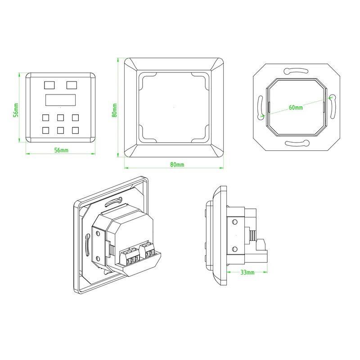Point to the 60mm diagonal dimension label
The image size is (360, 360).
click(295, 108)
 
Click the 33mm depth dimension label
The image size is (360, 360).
click(247, 273)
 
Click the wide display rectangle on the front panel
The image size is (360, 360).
click(60, 100)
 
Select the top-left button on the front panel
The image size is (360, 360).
click(49, 84)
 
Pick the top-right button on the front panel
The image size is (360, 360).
click(72, 84)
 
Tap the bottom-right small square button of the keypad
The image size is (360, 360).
click(75, 130)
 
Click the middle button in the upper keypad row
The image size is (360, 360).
click(61, 118)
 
